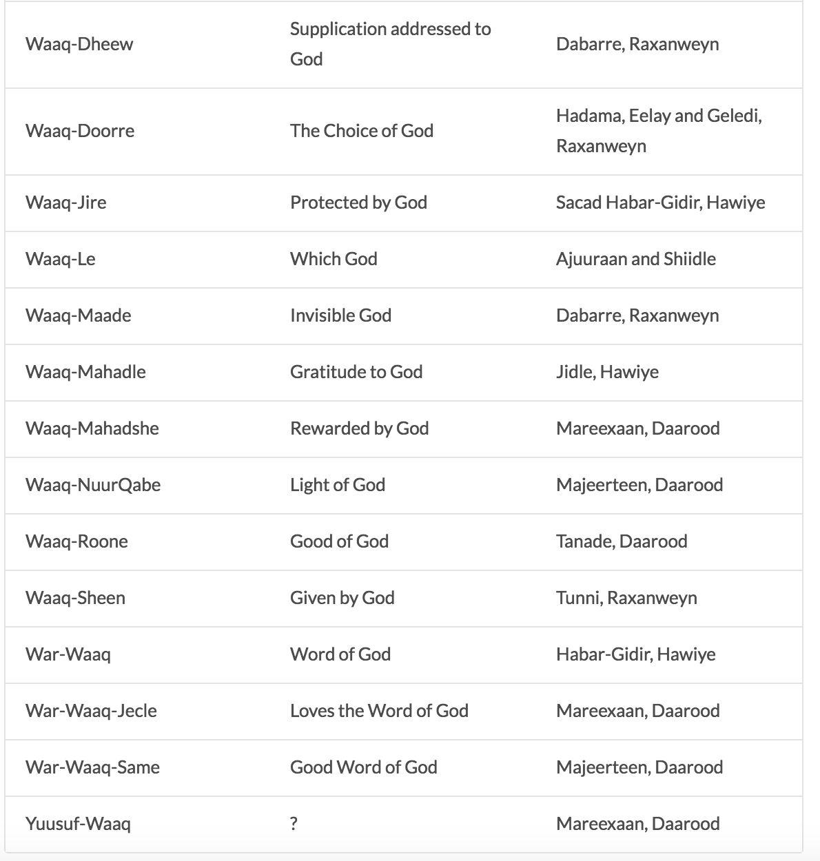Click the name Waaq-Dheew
[79, 44]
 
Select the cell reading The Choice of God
[362, 131]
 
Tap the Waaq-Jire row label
[66, 203]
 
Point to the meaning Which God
[334, 259]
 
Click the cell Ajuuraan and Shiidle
[636, 259]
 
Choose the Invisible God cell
[340, 315]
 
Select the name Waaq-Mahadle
[85, 372]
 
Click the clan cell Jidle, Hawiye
[607, 372]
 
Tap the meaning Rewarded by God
[359, 428]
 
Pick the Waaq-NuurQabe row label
[93, 485]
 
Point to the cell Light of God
[338, 485]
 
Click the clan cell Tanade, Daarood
[622, 541]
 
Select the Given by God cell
[342, 598]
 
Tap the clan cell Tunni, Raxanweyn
[626, 598]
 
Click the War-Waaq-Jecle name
[91, 711]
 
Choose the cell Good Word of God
[364, 767]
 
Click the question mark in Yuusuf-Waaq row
[294, 824]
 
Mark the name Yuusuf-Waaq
[78, 824]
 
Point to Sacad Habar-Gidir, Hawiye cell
[660, 203]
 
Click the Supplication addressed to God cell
[390, 44]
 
